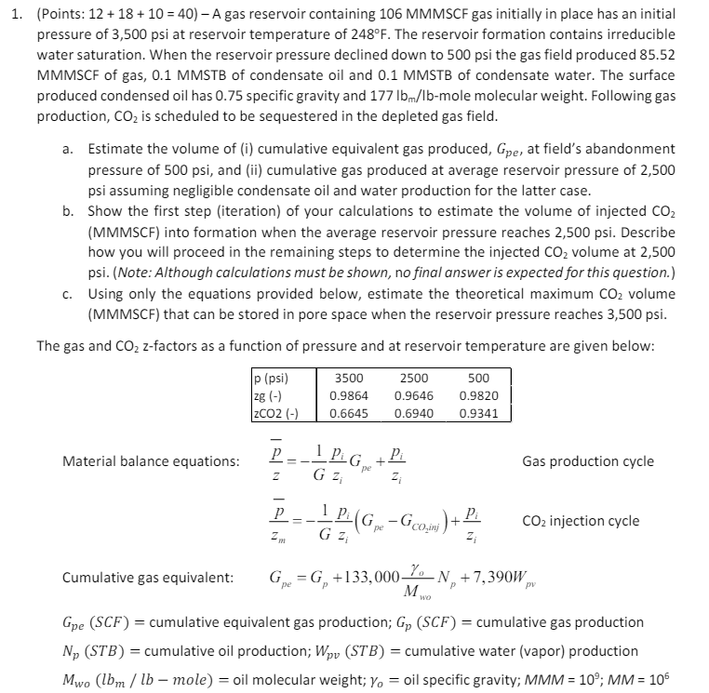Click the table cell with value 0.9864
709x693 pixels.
click(349, 395)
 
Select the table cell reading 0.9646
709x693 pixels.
click(413, 395)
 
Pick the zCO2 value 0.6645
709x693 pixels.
click(349, 412)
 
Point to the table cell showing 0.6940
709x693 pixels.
click(413, 412)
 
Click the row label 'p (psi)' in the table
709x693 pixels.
click(271, 379)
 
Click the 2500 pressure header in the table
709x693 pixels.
click(413, 379)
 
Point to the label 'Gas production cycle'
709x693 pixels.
click(587, 460)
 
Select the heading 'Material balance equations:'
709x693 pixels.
click(150, 460)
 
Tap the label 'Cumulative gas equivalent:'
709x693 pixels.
click(147, 578)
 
